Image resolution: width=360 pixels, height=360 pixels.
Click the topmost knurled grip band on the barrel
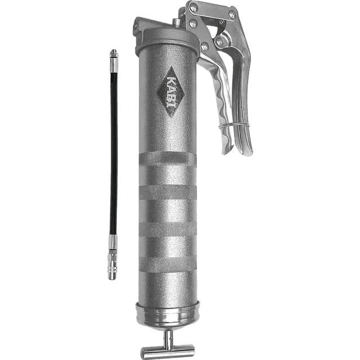[168, 159]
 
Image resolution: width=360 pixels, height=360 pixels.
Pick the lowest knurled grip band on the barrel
[168, 264]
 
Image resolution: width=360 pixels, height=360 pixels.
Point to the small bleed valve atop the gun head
[177, 22]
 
